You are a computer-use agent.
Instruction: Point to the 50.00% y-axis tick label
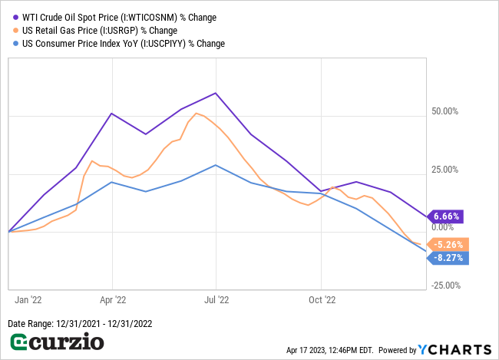[444, 111]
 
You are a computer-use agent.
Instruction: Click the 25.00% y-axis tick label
[444, 170]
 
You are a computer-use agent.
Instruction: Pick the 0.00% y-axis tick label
[446, 227]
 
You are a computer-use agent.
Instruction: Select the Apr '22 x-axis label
[113, 301]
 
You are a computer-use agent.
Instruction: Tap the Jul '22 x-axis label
[216, 301]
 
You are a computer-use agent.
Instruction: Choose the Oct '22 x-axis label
[322, 301]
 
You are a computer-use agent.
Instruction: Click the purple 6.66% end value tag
[445, 216]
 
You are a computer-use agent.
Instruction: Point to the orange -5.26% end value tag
[446, 245]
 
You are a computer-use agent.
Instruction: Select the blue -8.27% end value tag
[446, 259]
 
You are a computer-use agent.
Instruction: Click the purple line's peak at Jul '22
[216, 93]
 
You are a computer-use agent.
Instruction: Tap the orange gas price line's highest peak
[197, 114]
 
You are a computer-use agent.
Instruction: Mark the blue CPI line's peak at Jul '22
[216, 165]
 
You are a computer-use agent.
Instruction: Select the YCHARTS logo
[453, 349]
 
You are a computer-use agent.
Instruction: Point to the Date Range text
[80, 323]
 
